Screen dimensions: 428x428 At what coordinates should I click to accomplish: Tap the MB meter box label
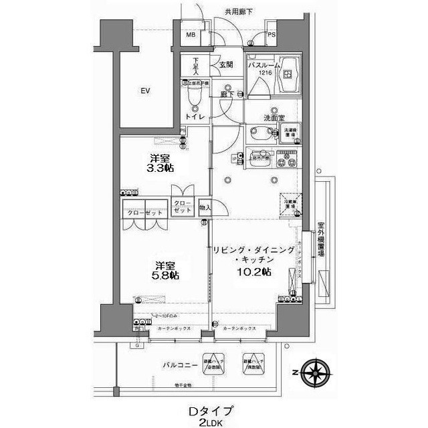coord(191,35)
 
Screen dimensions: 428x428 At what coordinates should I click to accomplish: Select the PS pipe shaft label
coord(272,35)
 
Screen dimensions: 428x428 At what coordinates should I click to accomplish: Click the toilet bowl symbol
coord(194,99)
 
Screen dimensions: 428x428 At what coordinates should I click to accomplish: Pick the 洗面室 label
coord(273,118)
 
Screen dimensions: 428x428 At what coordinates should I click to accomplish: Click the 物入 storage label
coord(206,208)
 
